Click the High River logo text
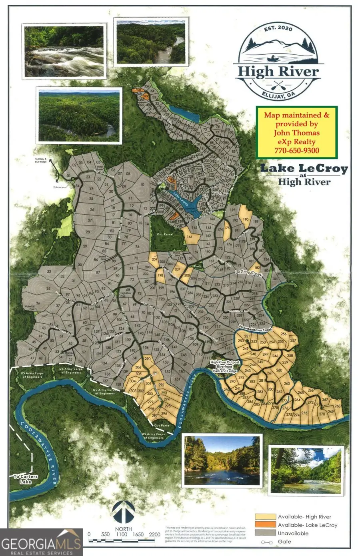coord(278,72)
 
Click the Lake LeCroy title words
coord(304,168)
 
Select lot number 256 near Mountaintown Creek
coord(284,334)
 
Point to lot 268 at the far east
coord(337,406)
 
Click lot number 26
coord(92,209)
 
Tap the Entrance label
coord(58,187)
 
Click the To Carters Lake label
coord(22,478)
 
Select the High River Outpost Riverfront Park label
coord(226,367)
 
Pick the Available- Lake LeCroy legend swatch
coord(265,525)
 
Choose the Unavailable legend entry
coord(293,533)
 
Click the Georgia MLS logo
coord(41,542)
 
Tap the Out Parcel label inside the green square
coord(165,234)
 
